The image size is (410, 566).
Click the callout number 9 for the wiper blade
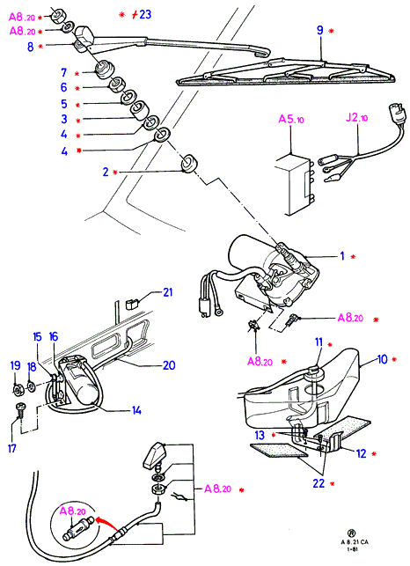click(x=319, y=30)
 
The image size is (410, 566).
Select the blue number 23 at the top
click(x=145, y=14)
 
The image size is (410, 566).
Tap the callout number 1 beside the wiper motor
click(x=342, y=256)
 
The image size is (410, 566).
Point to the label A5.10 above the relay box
click(x=291, y=119)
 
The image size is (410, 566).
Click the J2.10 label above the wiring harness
click(x=356, y=118)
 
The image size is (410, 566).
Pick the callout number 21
click(x=168, y=292)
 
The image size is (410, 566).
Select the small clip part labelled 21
click(x=131, y=304)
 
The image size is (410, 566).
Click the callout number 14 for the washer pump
click(x=136, y=410)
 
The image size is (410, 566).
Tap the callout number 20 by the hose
click(x=169, y=365)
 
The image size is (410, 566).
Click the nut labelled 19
click(x=17, y=390)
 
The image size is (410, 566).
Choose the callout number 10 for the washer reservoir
click(x=382, y=359)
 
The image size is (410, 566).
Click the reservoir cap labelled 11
click(x=313, y=371)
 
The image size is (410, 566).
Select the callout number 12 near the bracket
click(x=362, y=453)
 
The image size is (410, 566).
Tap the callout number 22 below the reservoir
click(x=318, y=483)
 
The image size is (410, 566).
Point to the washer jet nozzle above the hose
click(x=153, y=453)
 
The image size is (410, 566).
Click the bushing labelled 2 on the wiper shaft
click(x=189, y=164)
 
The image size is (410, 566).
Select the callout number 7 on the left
click(x=64, y=72)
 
